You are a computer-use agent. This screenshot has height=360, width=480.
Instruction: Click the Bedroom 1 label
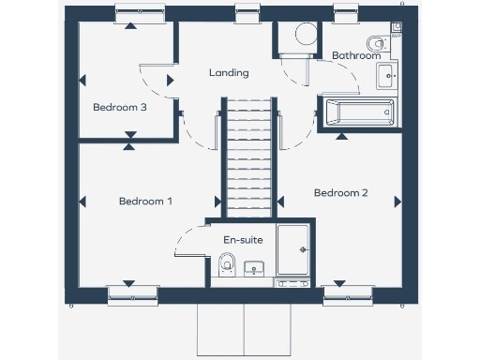tap(145, 201)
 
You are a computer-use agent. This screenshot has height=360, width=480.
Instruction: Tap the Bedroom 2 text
tap(340, 193)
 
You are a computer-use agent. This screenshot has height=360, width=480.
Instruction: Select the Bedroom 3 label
tap(119, 107)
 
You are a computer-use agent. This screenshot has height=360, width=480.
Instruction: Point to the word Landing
tap(229, 72)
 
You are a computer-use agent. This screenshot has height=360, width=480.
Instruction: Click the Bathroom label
tap(356, 55)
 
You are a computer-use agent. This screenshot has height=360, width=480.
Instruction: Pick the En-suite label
tap(242, 240)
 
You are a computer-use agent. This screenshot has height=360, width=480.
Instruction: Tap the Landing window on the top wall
tap(247, 13)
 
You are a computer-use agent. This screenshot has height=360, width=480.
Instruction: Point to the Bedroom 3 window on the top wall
tap(140, 13)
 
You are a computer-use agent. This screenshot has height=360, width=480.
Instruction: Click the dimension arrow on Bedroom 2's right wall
tap(397, 201)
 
